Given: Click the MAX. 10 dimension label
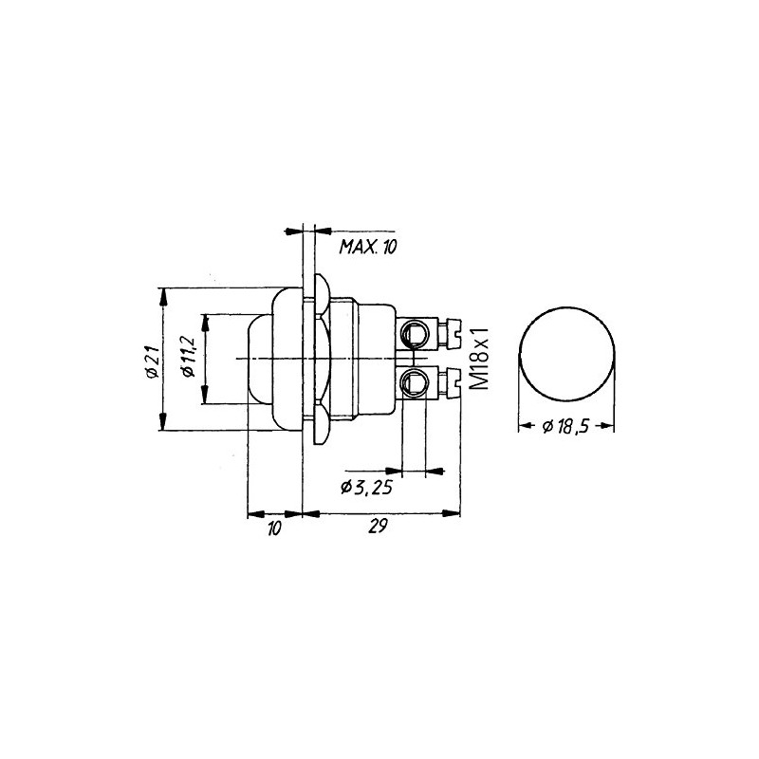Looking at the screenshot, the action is point(368,247).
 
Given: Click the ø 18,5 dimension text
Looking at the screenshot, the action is point(565,426).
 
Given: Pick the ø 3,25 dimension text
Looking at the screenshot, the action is point(366,488).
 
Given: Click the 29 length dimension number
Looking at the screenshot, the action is point(378,527).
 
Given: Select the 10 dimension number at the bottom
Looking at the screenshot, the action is point(274,528).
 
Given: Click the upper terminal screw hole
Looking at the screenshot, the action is point(413,334).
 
